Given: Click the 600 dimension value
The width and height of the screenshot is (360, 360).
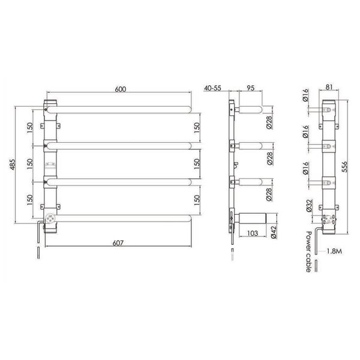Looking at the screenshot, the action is (x=121, y=89).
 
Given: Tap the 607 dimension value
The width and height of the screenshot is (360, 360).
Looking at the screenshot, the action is (x=118, y=243).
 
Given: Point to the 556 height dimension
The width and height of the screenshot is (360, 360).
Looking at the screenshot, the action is (x=344, y=167).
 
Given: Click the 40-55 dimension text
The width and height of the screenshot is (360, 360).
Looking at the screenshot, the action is (x=212, y=88).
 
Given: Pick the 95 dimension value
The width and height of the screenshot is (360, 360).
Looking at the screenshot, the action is (x=250, y=88).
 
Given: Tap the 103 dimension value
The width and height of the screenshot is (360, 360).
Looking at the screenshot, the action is (x=253, y=233).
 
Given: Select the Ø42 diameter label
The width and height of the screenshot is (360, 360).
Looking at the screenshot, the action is (x=274, y=232).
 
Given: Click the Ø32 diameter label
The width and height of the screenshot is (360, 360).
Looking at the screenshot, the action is (x=309, y=205).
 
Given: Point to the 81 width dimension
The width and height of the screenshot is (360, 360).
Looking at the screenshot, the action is (x=329, y=87).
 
